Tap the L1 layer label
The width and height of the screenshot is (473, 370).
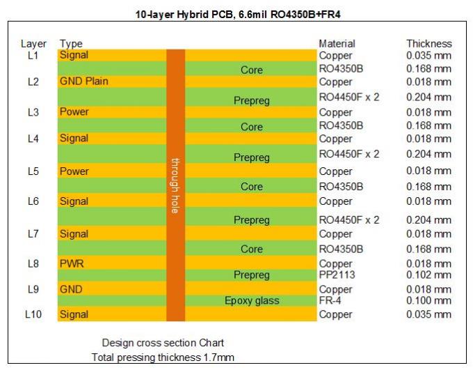click(33, 55)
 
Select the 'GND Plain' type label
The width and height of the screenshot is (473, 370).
click(83, 82)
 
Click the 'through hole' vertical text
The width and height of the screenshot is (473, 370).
click(176, 184)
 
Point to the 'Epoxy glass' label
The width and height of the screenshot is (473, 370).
click(251, 301)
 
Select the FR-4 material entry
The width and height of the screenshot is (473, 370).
click(332, 300)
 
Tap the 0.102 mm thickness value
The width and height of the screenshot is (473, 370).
click(428, 275)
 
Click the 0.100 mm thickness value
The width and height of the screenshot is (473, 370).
click(428, 300)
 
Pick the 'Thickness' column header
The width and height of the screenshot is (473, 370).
click(428, 44)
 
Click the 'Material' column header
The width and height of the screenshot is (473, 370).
click(337, 44)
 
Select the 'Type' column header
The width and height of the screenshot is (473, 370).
click(71, 44)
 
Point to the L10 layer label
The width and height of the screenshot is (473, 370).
click(33, 315)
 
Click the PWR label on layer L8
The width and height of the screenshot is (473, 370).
click(72, 264)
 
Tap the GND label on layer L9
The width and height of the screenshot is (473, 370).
click(71, 288)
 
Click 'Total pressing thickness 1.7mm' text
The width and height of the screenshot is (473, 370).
click(163, 357)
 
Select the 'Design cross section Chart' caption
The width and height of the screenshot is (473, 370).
click(163, 343)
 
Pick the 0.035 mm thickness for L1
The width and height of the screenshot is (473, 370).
click(428, 56)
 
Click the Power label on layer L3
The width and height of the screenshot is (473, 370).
click(74, 112)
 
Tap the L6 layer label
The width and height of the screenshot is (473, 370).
click(33, 201)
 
